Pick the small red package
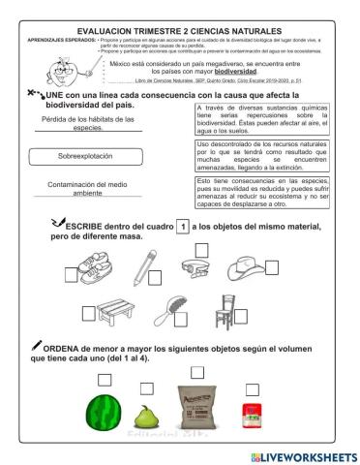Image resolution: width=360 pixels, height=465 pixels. coord(254,414)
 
